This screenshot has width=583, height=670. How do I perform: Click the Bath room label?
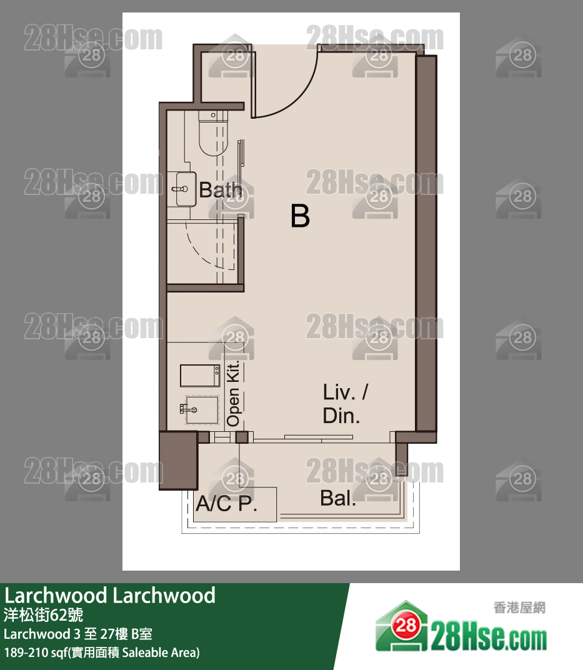[221, 190]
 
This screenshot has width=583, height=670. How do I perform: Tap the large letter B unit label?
[301, 216]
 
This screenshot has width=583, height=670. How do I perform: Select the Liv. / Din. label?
[345, 404]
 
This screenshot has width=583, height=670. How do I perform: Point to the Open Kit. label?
[233, 394]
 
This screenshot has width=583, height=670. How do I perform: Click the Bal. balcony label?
[338, 497]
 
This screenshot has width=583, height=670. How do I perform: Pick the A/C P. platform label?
[227, 504]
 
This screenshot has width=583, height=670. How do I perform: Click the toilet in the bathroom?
[214, 133]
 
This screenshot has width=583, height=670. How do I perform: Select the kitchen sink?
[201, 410]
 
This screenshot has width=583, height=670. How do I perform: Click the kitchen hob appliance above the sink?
[200, 376]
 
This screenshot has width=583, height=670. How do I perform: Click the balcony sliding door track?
[318, 437]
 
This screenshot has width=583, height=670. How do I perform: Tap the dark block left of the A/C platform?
[179, 460]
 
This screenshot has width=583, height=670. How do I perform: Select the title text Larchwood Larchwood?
[110, 595]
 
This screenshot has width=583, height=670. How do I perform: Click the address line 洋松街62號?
[43, 615]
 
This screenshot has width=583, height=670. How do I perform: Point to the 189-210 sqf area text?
[102, 652]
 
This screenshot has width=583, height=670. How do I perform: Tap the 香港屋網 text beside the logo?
[519, 607]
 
